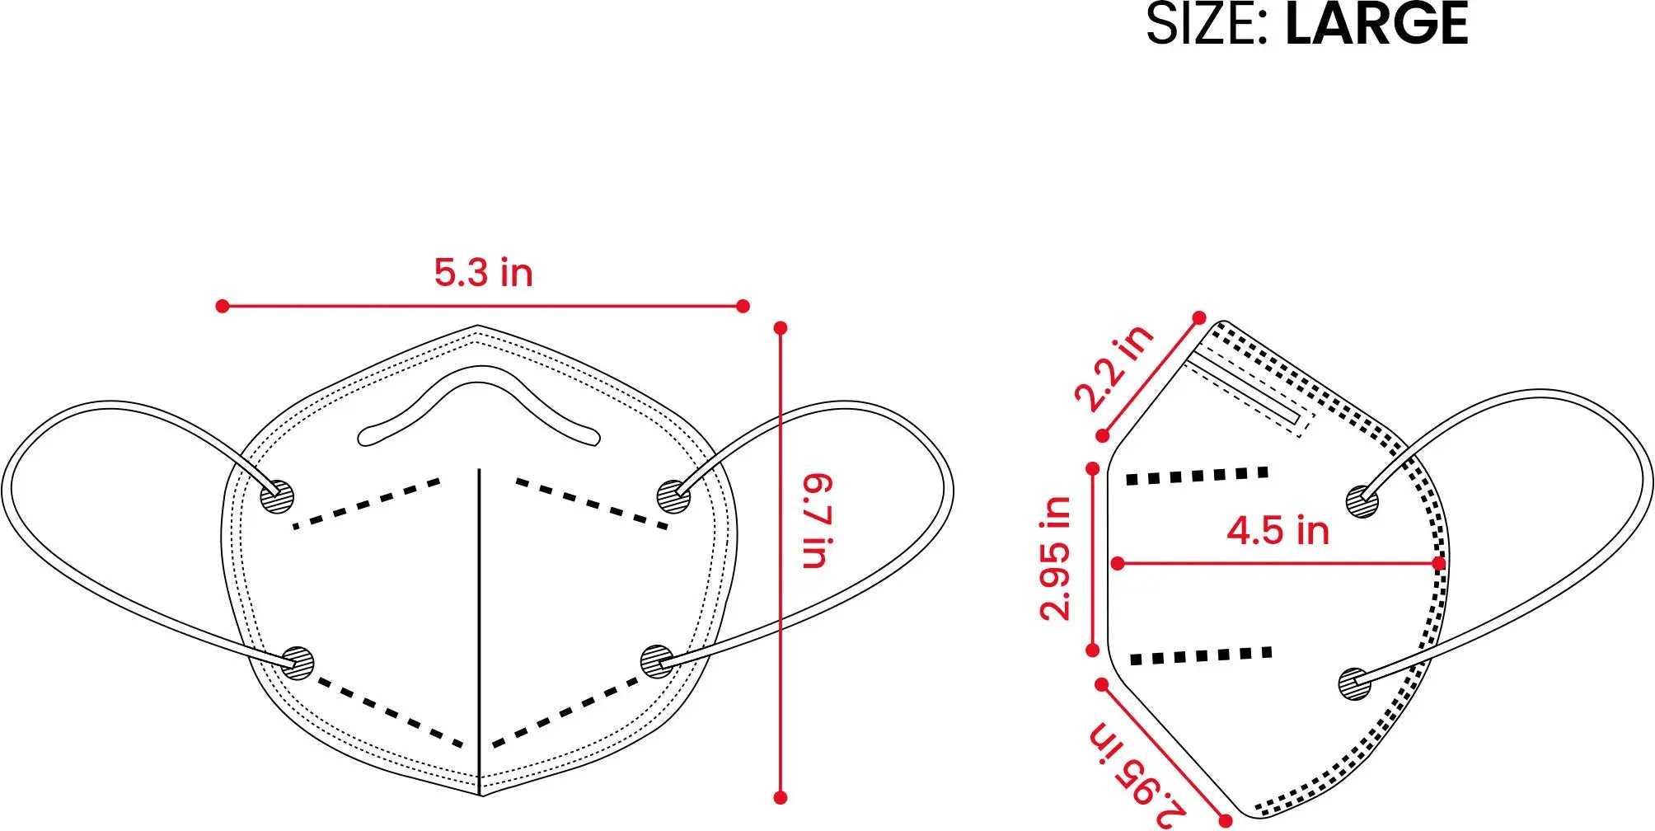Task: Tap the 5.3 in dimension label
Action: (x=484, y=273)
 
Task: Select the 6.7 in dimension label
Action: (x=818, y=521)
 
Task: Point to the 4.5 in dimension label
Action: (x=1278, y=530)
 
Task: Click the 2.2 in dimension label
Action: (x=1114, y=368)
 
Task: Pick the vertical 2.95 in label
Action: (x=1056, y=558)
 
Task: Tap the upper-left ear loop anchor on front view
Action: (x=277, y=496)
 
